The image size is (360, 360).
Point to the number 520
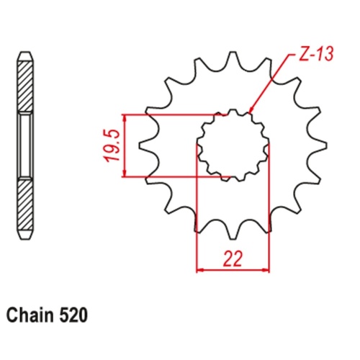(74, 315)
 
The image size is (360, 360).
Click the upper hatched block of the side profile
(24, 86)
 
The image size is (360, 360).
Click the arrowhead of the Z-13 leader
(251, 110)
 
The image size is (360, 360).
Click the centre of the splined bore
(233, 144)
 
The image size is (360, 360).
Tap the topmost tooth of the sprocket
(233, 61)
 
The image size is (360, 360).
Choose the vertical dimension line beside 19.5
(126, 145)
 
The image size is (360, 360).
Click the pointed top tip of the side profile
(24, 54)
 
